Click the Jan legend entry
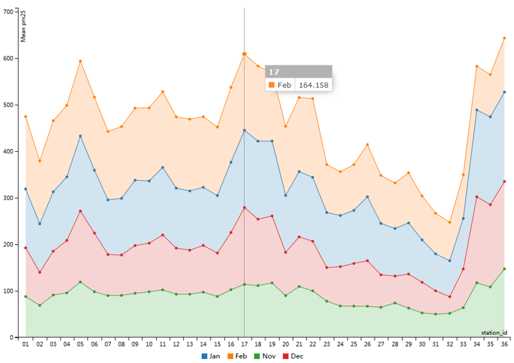211,356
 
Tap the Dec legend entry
293,356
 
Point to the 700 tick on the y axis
8,12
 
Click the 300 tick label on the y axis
8,151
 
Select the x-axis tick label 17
244,344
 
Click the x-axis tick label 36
504,344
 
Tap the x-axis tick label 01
25,344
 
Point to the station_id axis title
494,332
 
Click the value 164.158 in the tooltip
314,85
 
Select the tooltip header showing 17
299,72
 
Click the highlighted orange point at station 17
244,54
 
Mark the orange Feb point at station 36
504,38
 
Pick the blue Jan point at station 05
80,136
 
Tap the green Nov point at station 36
504,269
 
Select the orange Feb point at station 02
39,161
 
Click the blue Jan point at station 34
477,110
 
